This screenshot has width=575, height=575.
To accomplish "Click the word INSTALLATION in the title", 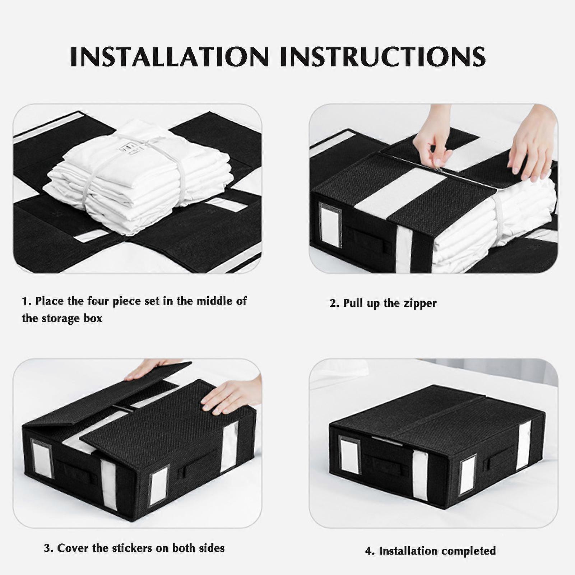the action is (x=170, y=56).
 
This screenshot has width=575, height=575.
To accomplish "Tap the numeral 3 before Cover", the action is (x=47, y=548).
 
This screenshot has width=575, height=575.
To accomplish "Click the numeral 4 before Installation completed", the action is (x=368, y=551).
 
